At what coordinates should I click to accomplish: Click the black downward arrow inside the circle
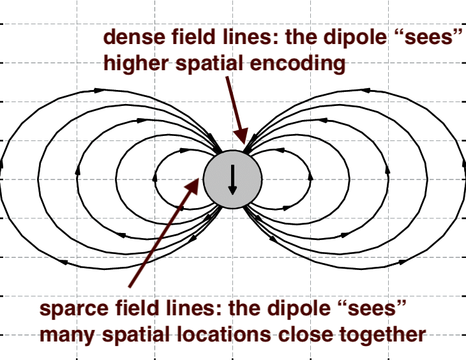[x=232, y=180]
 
